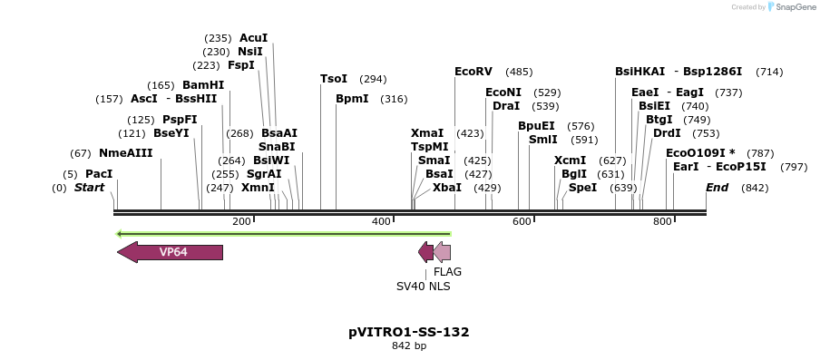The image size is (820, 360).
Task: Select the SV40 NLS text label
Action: click(x=423, y=287)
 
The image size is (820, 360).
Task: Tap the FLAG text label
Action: click(x=447, y=272)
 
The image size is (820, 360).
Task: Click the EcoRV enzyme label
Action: click(x=473, y=72)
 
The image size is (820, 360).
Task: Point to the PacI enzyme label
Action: click(x=99, y=174)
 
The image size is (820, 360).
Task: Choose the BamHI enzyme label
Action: click(x=203, y=85)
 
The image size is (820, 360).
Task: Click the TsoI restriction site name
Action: click(x=334, y=79)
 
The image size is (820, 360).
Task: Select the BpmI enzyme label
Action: click(x=352, y=99)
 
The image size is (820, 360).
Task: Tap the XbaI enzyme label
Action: click(x=446, y=188)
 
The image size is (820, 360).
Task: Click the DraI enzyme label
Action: click(x=506, y=106)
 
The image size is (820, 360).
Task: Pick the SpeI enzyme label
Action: click(x=582, y=188)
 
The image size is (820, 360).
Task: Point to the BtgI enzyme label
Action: click(x=659, y=120)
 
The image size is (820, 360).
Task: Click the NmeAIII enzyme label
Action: click(x=125, y=153)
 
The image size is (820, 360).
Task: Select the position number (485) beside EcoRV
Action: click(x=519, y=72)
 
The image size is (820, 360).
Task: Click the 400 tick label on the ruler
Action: click(x=382, y=221)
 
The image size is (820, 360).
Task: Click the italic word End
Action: click(x=717, y=188)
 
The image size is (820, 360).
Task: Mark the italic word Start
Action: click(x=89, y=188)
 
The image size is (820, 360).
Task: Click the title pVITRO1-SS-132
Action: click(x=409, y=332)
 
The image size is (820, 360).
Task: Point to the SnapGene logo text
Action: click(x=793, y=7)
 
